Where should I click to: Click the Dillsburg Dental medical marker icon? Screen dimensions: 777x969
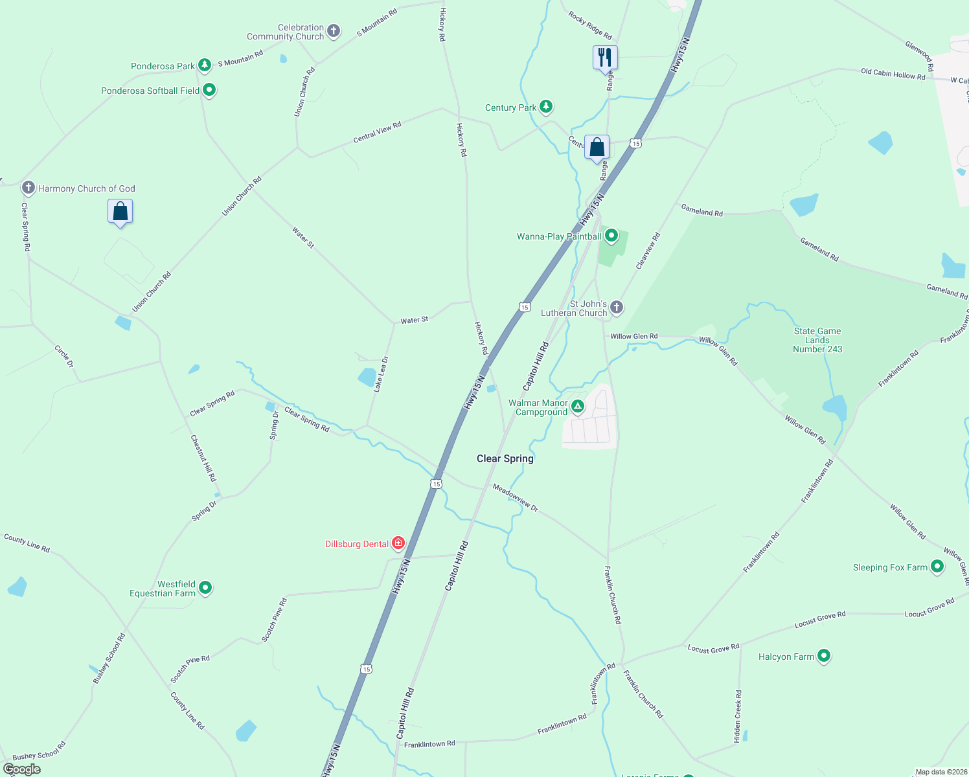tap(398, 543)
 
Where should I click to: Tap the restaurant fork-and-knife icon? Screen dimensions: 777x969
tap(604, 57)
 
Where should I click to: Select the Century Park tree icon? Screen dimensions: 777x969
tap(547, 106)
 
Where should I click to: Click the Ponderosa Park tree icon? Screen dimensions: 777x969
tap(205, 65)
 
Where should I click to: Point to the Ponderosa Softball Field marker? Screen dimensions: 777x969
tap(209, 90)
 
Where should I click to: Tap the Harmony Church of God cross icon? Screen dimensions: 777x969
tap(28, 188)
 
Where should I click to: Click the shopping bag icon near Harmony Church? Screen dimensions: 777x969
tap(120, 212)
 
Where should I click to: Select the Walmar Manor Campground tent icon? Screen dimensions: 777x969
tap(578, 407)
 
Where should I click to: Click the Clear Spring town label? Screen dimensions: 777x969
tap(505, 458)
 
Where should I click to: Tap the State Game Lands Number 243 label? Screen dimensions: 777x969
tap(817, 340)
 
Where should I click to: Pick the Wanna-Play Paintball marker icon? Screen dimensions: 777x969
tap(611, 236)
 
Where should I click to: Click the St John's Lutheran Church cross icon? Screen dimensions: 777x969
tap(617, 308)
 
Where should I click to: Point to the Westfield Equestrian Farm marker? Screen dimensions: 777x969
tap(205, 588)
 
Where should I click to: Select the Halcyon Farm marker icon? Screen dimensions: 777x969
tap(824, 656)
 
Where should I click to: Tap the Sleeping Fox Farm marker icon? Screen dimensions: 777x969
tap(937, 567)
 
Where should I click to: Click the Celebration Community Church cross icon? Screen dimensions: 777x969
tap(334, 31)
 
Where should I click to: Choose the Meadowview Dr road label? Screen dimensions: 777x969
tap(516, 498)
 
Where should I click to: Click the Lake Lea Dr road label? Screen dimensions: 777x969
tap(382, 374)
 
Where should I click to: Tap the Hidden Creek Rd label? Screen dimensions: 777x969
tap(738, 716)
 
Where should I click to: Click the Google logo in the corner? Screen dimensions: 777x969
tap(22, 769)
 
